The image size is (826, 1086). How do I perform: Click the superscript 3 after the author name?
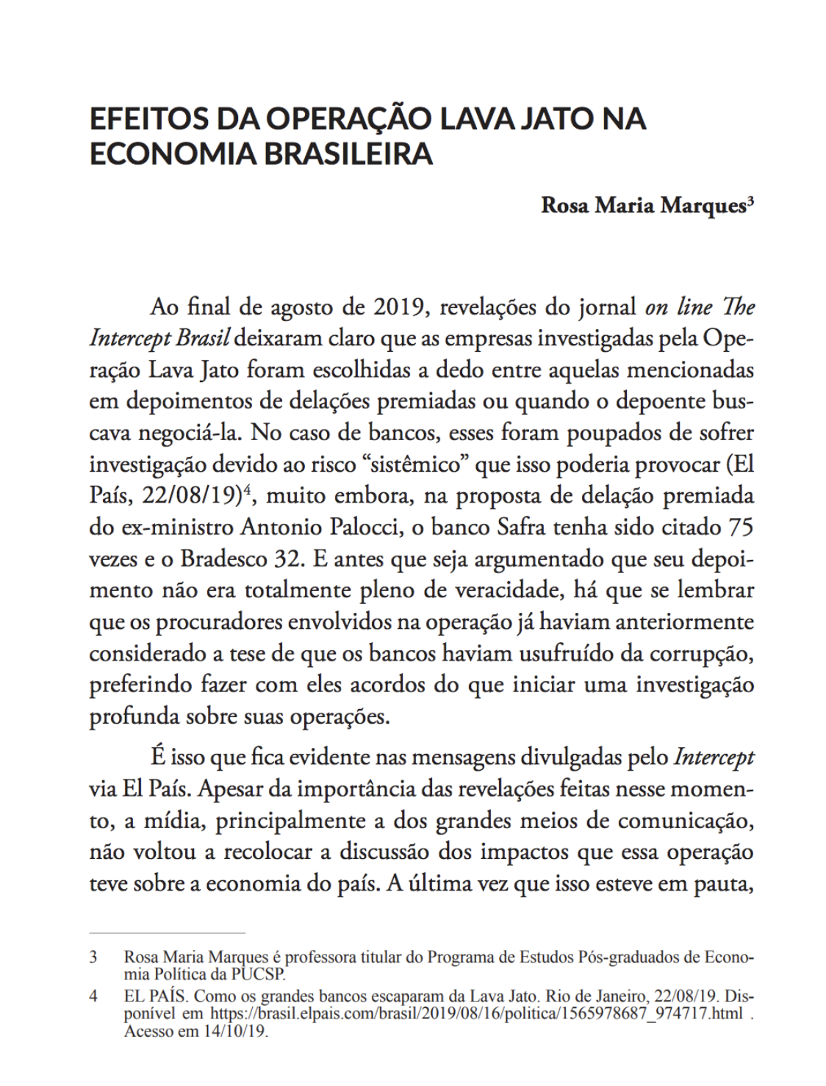pyautogui.click(x=750, y=201)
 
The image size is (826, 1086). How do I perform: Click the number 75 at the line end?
pyautogui.click(x=740, y=527)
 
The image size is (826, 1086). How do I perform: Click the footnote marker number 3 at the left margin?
pyautogui.click(x=93, y=957)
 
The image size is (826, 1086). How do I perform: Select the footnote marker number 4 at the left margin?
pyautogui.click(x=93, y=997)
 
